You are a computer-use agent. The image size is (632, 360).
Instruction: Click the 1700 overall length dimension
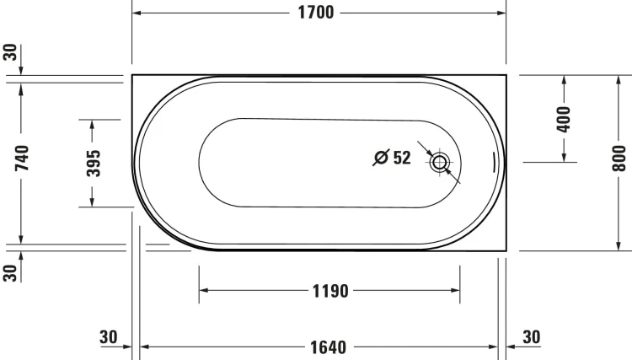click(318, 13)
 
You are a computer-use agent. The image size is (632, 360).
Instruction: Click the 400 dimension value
click(565, 117)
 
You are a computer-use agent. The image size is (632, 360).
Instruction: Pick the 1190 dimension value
click(329, 292)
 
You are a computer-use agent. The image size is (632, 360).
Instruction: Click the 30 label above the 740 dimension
click(10, 52)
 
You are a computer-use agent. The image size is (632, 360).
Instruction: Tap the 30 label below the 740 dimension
click(10, 272)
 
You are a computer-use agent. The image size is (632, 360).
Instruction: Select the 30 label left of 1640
click(108, 337)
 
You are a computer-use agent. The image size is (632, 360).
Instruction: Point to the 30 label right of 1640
click(531, 337)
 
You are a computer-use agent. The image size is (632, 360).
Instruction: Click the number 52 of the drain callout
click(401, 158)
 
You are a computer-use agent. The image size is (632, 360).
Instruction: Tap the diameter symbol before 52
click(381, 158)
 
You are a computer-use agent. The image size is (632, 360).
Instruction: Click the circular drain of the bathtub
click(439, 163)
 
